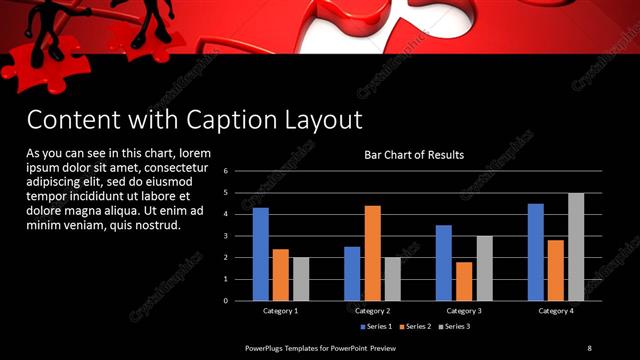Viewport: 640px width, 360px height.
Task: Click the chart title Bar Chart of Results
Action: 413,155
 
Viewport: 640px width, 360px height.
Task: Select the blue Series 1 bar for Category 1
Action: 261,254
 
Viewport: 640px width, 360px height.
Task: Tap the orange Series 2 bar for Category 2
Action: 372,253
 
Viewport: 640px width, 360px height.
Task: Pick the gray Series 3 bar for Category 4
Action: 576,247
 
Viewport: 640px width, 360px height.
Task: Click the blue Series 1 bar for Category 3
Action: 444,263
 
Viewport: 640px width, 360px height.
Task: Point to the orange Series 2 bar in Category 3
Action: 464,281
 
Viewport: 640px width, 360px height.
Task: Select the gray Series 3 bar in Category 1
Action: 300,279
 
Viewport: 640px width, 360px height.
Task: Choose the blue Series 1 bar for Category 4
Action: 536,252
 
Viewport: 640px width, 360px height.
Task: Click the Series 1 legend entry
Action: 377,326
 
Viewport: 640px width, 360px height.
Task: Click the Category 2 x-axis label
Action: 372,311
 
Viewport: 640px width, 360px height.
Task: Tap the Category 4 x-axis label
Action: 556,311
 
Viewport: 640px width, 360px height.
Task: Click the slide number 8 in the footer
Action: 589,347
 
